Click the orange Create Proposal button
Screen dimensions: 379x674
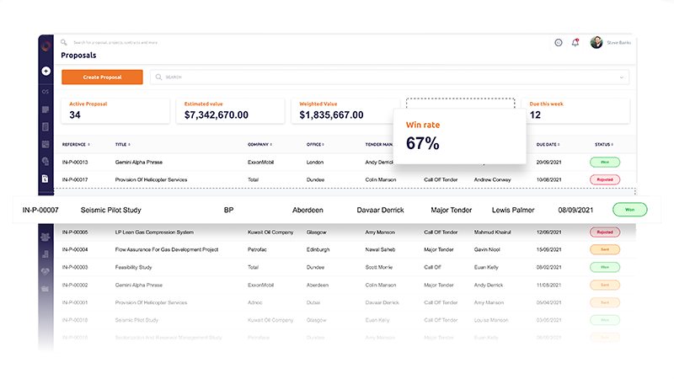pyautogui.click(x=101, y=77)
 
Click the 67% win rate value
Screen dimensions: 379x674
pyautogui.click(x=423, y=143)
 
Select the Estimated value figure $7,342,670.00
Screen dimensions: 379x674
pyautogui.click(x=217, y=115)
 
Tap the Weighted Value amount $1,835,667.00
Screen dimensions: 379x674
pyautogui.click(x=331, y=115)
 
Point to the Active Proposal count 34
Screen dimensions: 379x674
pyautogui.click(x=75, y=115)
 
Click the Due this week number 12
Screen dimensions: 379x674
pyautogui.click(x=535, y=115)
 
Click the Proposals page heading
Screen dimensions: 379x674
pyautogui.click(x=78, y=56)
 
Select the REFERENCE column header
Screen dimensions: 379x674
pyautogui.click(x=75, y=144)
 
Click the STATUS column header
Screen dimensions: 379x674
pyautogui.click(x=603, y=144)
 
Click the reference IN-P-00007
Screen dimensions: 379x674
pyautogui.click(x=40, y=209)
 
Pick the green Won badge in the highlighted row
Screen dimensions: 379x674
pyautogui.click(x=630, y=209)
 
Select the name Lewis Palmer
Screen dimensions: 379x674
pyautogui.click(x=515, y=209)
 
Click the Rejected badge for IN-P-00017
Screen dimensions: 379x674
pyautogui.click(x=604, y=179)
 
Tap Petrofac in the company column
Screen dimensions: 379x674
pyautogui.click(x=258, y=249)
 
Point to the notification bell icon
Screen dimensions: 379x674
pyautogui.click(x=575, y=42)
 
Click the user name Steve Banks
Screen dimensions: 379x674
pyautogui.click(x=619, y=42)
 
